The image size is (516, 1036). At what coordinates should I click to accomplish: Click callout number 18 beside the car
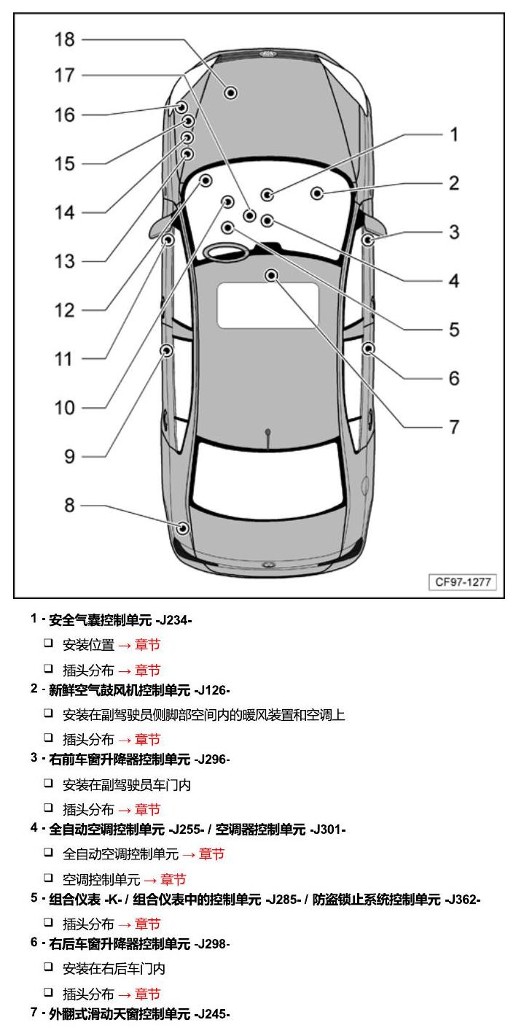64,40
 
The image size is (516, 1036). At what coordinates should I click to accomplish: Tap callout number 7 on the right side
454,427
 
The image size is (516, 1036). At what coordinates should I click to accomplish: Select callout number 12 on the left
64,310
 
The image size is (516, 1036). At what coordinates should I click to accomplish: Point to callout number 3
454,232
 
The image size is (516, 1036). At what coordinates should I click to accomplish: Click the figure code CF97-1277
463,581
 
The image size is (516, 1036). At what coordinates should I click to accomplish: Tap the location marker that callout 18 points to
231,93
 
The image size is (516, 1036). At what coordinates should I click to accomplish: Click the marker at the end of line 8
183,527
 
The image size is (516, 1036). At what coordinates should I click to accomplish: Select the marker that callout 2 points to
317,193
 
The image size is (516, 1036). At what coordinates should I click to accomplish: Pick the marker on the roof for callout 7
271,276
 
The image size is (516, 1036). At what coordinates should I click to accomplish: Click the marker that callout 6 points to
368,348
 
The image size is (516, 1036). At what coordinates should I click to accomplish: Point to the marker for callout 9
166,350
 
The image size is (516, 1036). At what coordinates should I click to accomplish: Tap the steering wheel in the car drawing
226,252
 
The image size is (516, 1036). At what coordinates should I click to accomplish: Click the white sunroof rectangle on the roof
268,305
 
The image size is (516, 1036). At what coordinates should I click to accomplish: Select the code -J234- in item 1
173,620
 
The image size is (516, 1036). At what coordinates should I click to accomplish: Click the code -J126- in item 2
212,690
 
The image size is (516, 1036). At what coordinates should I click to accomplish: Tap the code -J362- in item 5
462,900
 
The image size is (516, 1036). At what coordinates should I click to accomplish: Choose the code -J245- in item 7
212,1014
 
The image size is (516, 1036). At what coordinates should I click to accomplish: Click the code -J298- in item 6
212,944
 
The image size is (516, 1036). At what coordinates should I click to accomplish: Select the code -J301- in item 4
328,830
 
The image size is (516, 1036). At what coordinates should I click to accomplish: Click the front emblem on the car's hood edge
267,54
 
